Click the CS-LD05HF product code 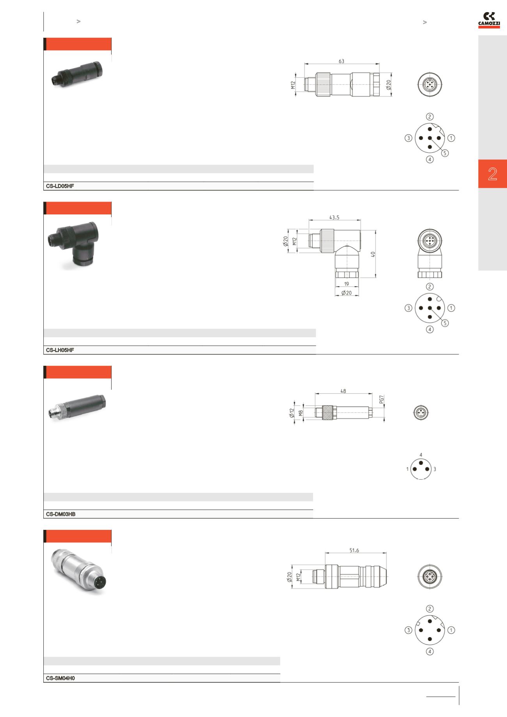(60, 186)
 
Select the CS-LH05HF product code (60, 351)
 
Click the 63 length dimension (341, 61)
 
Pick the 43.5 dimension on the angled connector (334, 218)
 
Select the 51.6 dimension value (354, 551)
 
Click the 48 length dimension (343, 391)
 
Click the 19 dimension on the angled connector (347, 284)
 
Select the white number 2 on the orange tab (493, 174)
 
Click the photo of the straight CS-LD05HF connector (77, 74)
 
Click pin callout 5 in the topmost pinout (445, 153)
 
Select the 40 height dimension (373, 254)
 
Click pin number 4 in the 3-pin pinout (421, 455)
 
